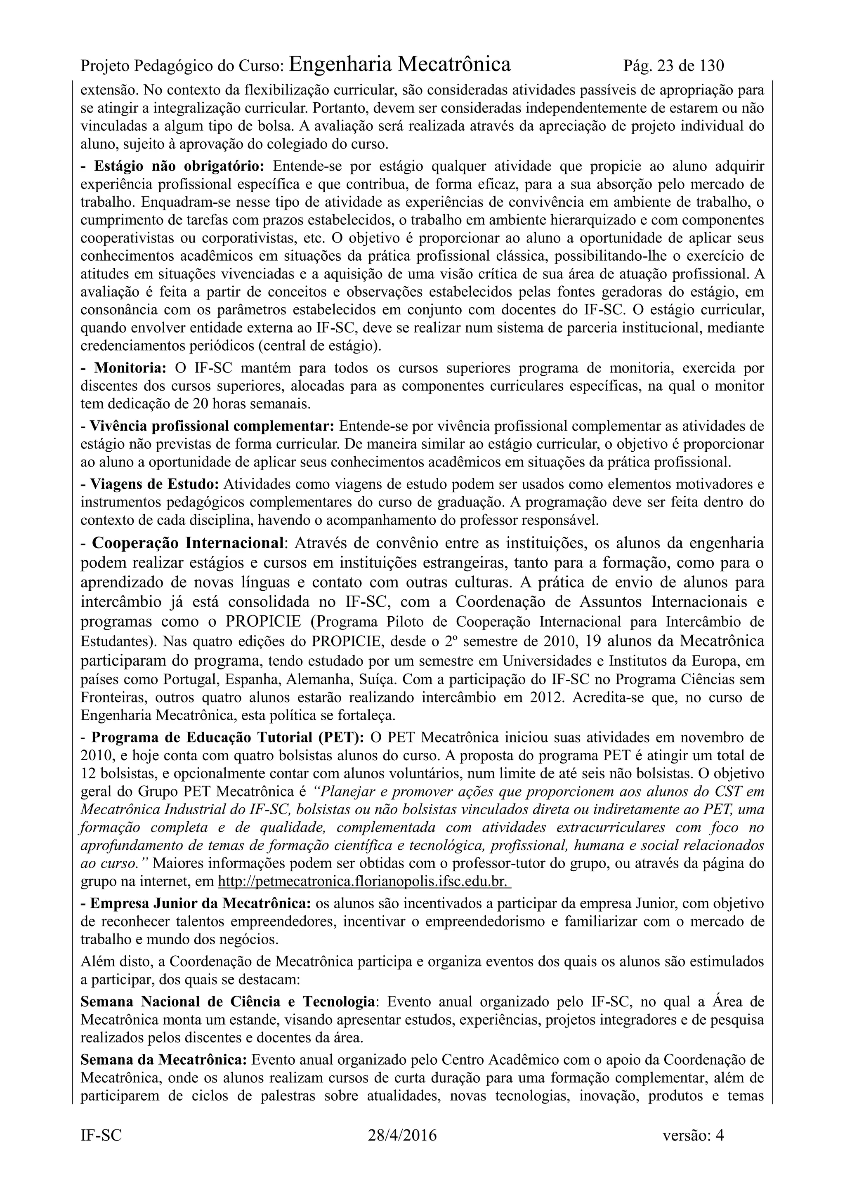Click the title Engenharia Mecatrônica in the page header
tap(399, 64)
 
